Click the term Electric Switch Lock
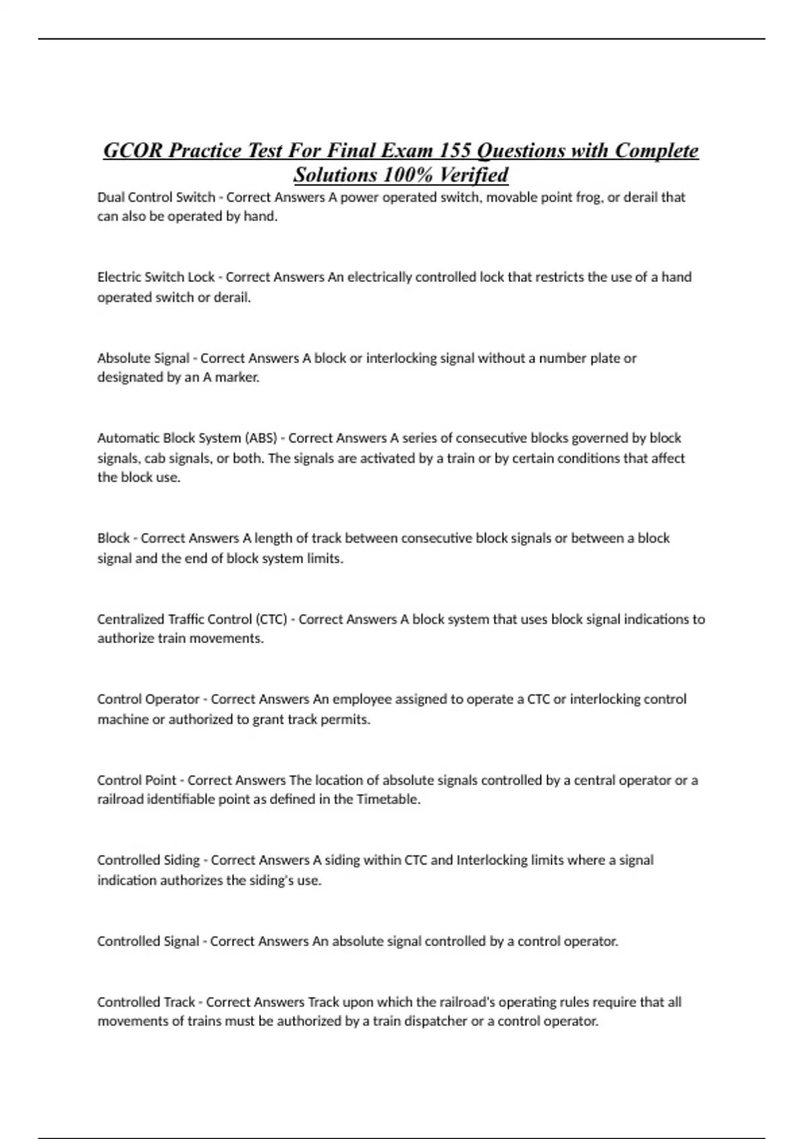pyautogui.click(x=155, y=277)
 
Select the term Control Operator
pyautogui.click(x=148, y=699)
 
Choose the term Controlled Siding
pyautogui.click(x=148, y=860)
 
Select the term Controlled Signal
pyautogui.click(x=148, y=941)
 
